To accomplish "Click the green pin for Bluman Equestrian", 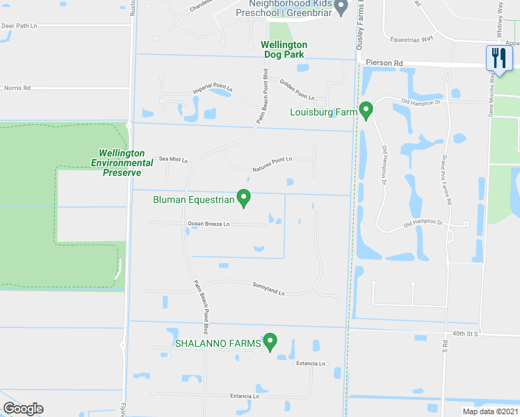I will (x=244, y=199).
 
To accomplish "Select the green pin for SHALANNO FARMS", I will (x=270, y=342).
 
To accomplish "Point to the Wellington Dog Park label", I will (x=284, y=49).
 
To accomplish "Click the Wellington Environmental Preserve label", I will (x=122, y=162).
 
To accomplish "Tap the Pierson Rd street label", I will (x=388, y=63).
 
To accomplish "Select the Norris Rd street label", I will (x=17, y=88).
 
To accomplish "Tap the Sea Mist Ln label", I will (x=173, y=159).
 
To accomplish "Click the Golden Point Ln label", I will (x=297, y=88).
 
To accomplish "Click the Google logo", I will (x=23, y=409).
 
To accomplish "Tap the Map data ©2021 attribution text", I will (x=489, y=411).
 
